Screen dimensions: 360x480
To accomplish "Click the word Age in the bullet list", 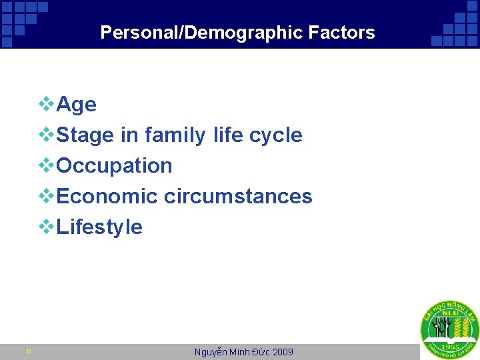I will (77, 105).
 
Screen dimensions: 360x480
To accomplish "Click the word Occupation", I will (115, 166).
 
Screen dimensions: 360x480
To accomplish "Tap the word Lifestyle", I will (100, 227).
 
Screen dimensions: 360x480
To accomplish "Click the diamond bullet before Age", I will (47, 104).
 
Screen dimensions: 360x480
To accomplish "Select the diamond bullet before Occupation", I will (47, 165).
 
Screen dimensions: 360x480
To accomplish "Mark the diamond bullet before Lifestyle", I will (47, 227).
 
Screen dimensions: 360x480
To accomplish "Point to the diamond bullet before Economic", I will (47, 196).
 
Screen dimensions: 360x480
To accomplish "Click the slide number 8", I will (29, 351).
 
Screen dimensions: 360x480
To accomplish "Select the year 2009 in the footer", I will (282, 352).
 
